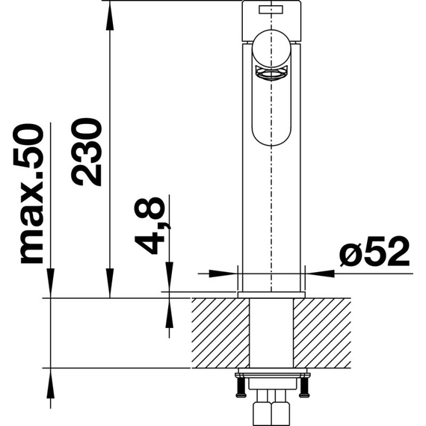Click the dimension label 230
pos(87,152)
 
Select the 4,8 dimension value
pos(149,226)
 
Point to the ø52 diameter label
pos(375,251)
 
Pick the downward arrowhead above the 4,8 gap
pos(169,277)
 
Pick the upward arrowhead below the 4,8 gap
pos(169,313)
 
